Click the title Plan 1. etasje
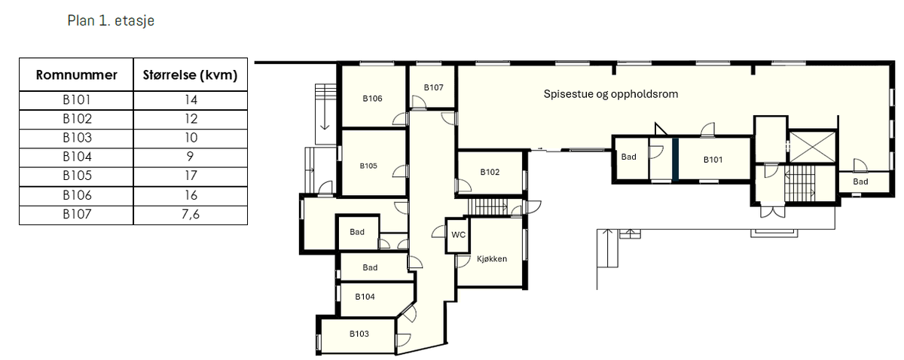coord(111,20)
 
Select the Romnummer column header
coord(76,75)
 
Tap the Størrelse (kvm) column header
coord(190,75)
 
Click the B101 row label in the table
coord(76,99)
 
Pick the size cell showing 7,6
coord(190,215)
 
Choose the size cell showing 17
coord(190,176)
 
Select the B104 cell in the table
coord(76,157)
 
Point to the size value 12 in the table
coord(190,119)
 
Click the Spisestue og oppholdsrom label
coord(611,94)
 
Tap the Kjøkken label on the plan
coord(491,259)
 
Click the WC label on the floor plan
coord(458,234)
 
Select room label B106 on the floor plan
coord(372,99)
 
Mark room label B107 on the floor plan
coord(433,87)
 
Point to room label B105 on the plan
coord(368,166)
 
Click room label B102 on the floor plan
coord(490,172)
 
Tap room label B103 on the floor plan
coord(359,333)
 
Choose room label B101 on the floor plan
coord(713,160)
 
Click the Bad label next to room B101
coord(629,157)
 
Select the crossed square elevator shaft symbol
coord(811,146)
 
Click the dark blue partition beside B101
coord(676,159)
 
